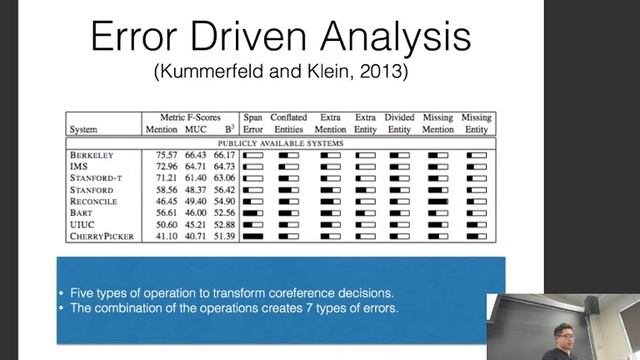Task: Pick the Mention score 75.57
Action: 160,156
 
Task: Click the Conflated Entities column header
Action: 289,123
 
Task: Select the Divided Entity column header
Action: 399,123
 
